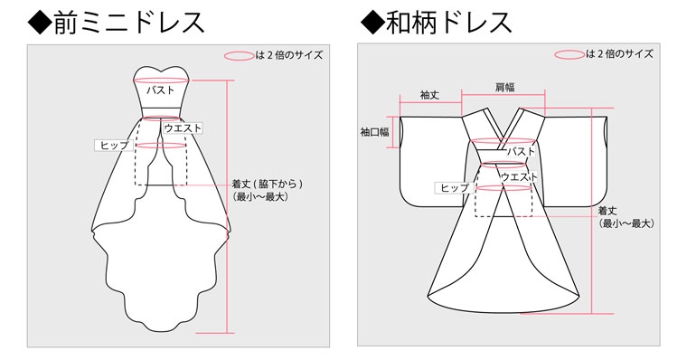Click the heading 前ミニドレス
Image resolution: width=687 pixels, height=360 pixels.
tap(116, 23)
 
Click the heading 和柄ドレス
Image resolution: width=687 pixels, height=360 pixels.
tap(436, 23)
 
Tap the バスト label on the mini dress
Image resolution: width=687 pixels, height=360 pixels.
tap(160, 90)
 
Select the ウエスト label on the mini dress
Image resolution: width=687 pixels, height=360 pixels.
tap(183, 128)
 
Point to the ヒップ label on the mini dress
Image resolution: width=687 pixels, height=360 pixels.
tap(114, 145)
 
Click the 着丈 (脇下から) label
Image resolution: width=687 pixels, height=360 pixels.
tap(268, 185)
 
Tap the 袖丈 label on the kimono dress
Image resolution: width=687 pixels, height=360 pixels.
tap(429, 95)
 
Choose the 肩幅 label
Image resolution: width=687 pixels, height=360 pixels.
tap(504, 87)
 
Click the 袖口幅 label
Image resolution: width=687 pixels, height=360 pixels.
tap(374, 131)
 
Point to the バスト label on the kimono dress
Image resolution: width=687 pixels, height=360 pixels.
tap(521, 152)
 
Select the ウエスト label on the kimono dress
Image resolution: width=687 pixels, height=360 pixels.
tap(519, 177)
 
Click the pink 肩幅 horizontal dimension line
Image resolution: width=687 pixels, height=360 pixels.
tap(503, 95)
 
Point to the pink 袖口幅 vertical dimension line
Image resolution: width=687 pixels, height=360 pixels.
tap(400, 132)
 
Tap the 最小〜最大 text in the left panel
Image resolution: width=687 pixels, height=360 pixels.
tap(261, 197)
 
